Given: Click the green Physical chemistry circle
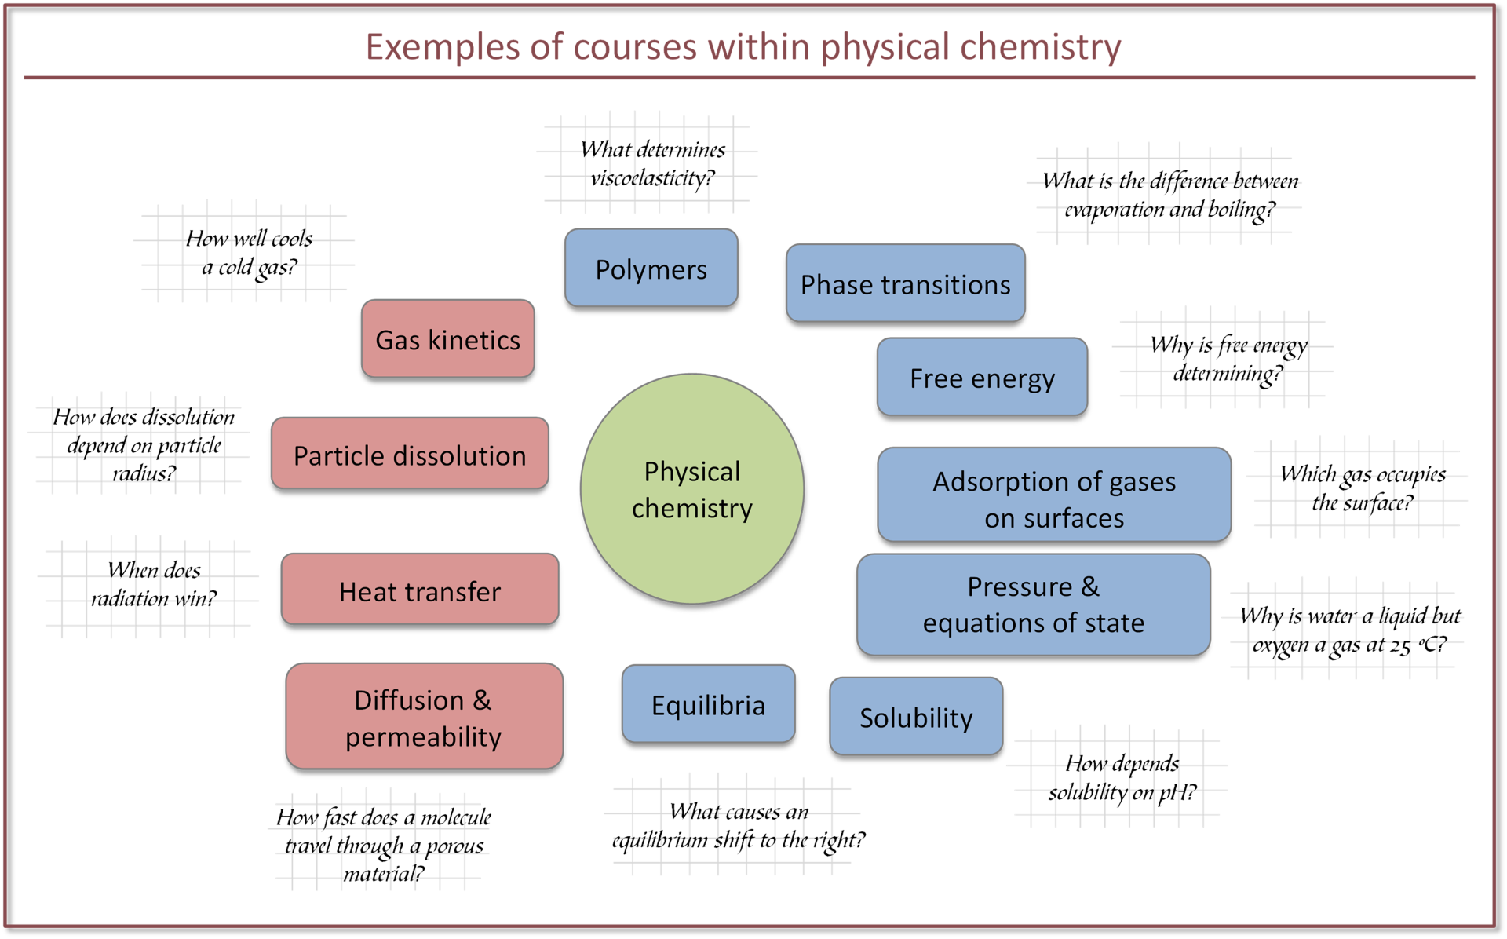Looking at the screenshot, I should pos(691,489).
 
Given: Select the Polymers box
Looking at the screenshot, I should pos(651,269).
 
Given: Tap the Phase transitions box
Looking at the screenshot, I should pos(905,283).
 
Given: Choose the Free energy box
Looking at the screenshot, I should pos(982,378).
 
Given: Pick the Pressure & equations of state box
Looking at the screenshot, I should pos(1033,605).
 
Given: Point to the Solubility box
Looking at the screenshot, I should pos(916,717).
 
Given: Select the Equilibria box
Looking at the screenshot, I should pos(708,704).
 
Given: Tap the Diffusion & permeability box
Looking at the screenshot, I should pos(424,717).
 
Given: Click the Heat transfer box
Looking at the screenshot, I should pos(420,590).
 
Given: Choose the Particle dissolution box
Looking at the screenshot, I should pos(410,455).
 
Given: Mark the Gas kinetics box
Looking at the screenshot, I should pos(447,339).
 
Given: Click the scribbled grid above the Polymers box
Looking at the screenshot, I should pos(648,163).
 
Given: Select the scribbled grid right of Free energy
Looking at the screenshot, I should pos(1222,358).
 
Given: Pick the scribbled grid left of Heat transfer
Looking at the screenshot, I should pos(148,587).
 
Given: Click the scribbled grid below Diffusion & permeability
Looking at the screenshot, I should pos(378,842).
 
